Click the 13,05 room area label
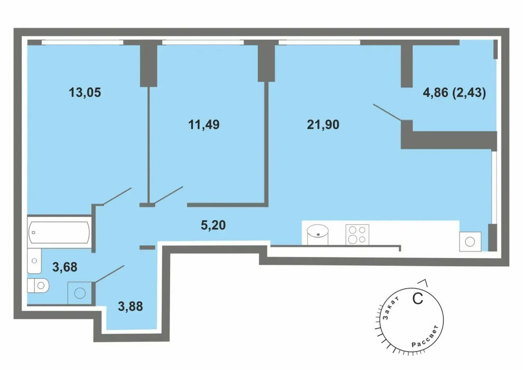click(x=85, y=92)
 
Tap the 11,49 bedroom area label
click(x=204, y=125)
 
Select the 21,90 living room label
click(x=323, y=125)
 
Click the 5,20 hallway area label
click(x=213, y=225)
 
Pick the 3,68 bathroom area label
click(x=64, y=267)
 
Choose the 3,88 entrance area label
click(x=130, y=306)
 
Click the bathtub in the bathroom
click(x=59, y=232)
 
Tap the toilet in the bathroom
click(x=38, y=285)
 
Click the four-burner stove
click(x=357, y=235)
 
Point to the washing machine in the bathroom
click(x=80, y=293)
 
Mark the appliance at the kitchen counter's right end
click(x=470, y=241)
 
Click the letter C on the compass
click(x=417, y=298)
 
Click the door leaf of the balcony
click(x=387, y=113)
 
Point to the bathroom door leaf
click(x=109, y=274)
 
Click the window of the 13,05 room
click(x=82, y=42)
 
